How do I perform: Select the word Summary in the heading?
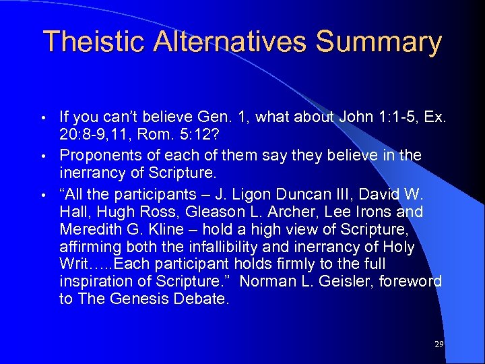coord(379,42)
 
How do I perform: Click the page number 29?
coord(439,344)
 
